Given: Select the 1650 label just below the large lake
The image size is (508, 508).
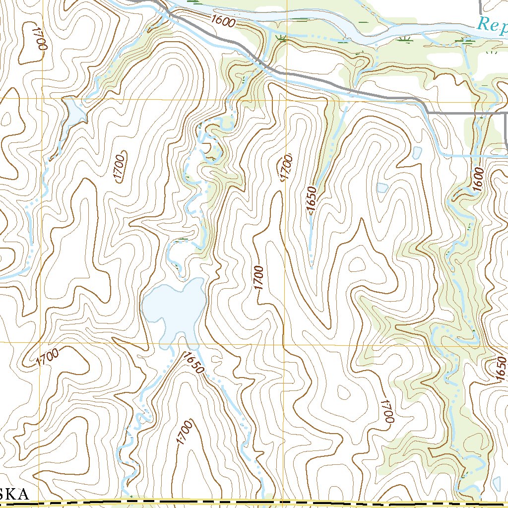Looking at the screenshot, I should [x=192, y=363].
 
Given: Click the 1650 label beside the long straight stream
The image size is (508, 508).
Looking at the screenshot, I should [x=312, y=200].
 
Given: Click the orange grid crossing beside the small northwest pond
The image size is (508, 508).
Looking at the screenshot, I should [x=42, y=97].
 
